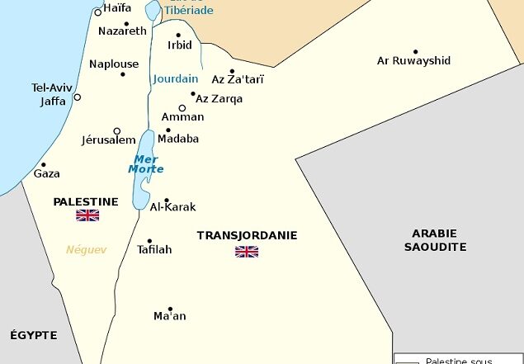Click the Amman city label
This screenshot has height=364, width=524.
[182, 117]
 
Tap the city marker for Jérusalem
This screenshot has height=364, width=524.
[117, 131]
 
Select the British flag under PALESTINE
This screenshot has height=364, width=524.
[87, 215]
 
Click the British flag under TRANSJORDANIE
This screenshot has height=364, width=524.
[247, 252]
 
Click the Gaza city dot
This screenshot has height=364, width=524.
[44, 164]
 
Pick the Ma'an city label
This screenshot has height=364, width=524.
[170, 316]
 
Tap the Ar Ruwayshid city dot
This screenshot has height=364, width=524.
[415, 51]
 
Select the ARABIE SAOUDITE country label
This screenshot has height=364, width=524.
[436, 240]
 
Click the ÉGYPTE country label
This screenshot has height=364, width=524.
[34, 335]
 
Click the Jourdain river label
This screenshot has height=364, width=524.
[175, 79]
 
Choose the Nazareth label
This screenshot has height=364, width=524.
[122, 31]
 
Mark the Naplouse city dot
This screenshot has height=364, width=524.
[123, 74]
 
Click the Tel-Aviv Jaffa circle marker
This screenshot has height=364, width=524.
[78, 97]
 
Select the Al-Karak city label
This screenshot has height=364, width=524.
[172, 207]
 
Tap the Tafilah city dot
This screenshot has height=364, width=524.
[149, 241]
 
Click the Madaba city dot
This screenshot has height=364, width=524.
[168, 130]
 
